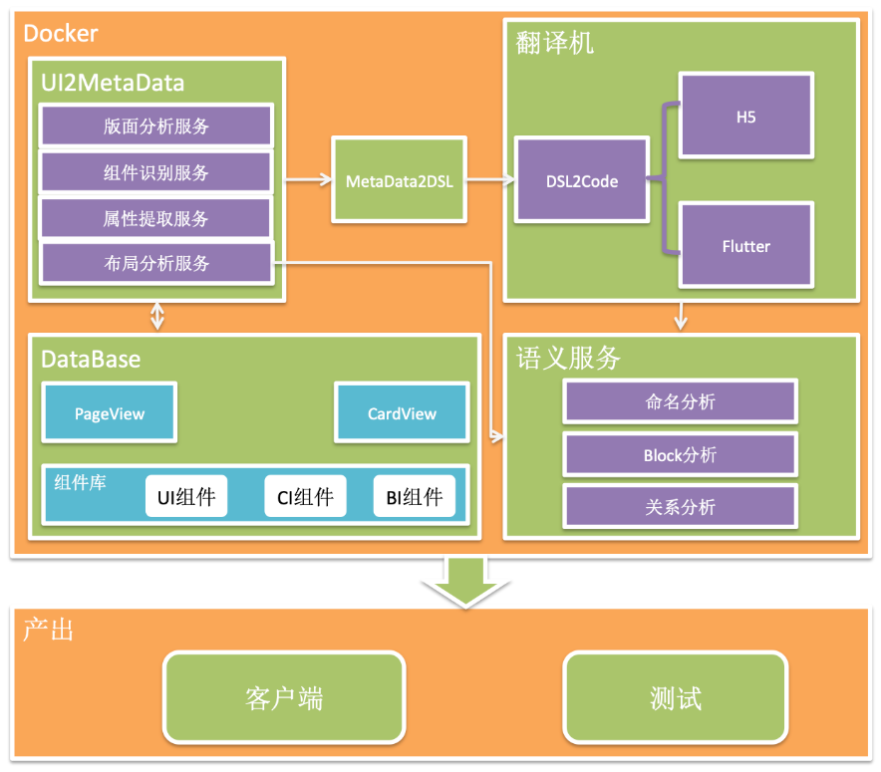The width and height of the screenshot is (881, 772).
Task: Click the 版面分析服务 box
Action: [x=155, y=127]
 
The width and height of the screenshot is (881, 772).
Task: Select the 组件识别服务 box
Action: [x=155, y=172]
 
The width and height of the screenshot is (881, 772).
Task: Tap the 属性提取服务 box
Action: [x=155, y=219]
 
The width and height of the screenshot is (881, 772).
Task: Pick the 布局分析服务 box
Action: [x=155, y=264]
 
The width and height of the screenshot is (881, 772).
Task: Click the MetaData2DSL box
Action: [x=399, y=181]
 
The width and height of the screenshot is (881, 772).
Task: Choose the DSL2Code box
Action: [x=581, y=181]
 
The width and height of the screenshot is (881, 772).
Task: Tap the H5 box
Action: [x=745, y=117]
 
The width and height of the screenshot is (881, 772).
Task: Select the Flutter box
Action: [x=745, y=246]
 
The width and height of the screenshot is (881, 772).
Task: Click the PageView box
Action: [x=109, y=413]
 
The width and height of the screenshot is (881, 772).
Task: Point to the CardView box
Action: [x=402, y=413]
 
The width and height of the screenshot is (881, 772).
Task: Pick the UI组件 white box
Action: [x=186, y=496]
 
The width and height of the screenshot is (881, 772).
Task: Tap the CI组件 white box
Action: [x=305, y=496]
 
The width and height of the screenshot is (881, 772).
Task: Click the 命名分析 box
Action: [x=680, y=401]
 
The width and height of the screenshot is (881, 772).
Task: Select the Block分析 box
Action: [x=680, y=455]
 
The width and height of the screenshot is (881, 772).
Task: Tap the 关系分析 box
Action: [x=680, y=507]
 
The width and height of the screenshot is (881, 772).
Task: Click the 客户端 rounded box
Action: [x=284, y=697]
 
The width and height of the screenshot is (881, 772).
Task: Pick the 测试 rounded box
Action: [x=676, y=697]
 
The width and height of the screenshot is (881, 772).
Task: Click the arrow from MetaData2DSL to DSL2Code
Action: [x=490, y=180]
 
